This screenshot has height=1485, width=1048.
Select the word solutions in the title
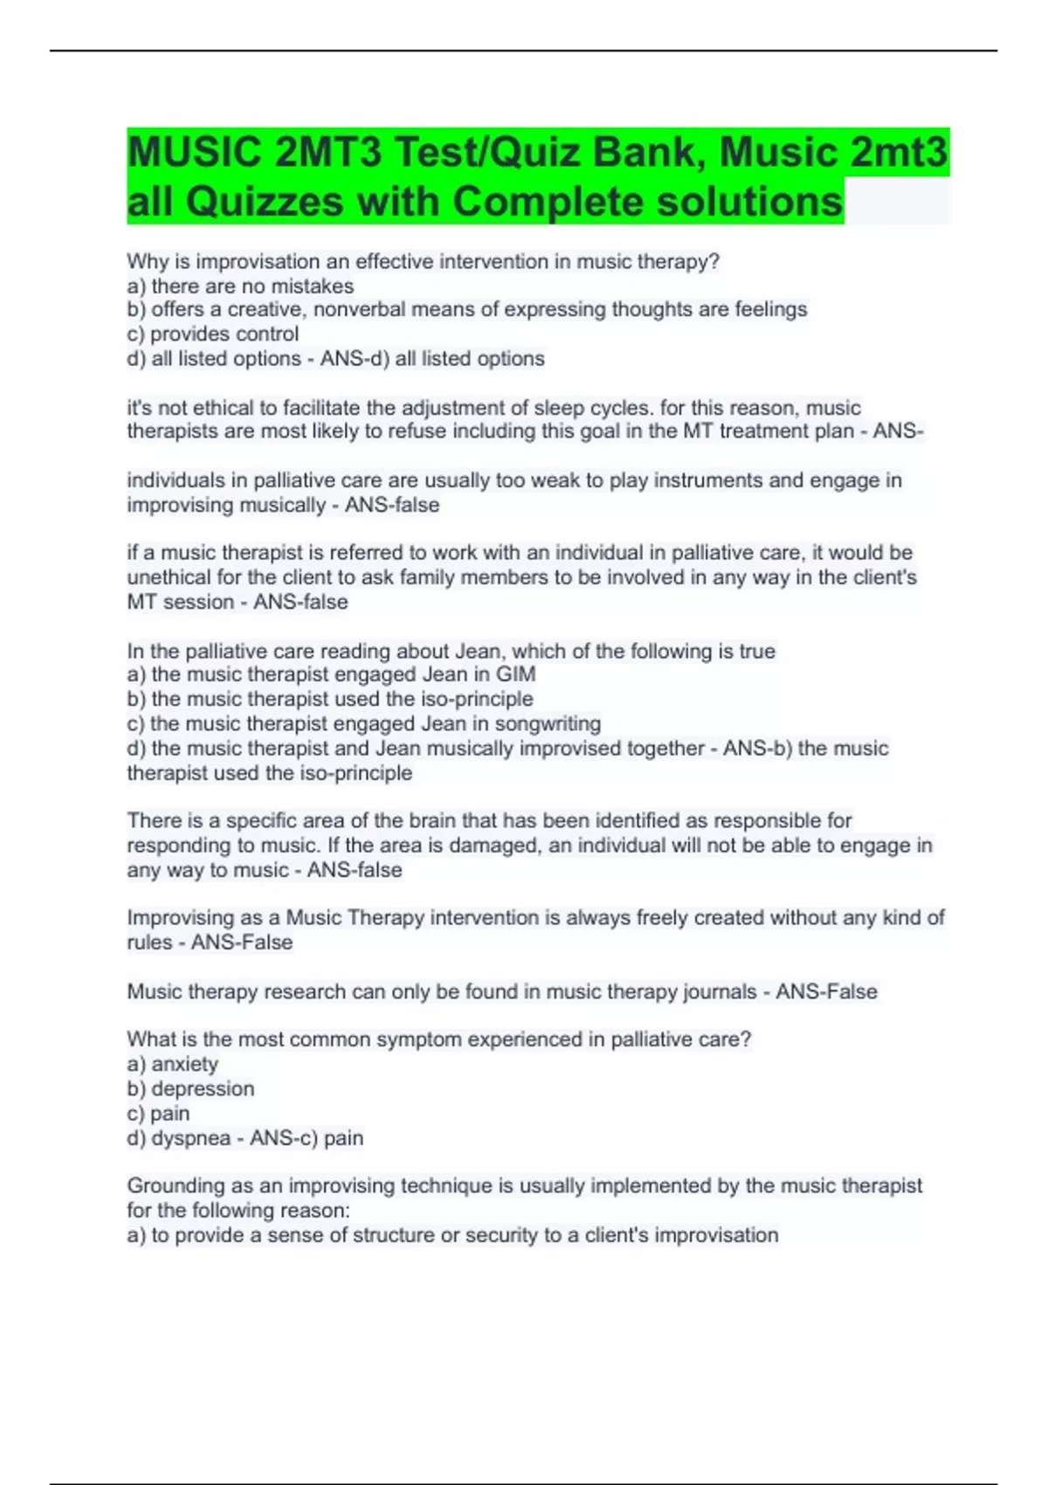click(x=749, y=202)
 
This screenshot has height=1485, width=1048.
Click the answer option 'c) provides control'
click(x=213, y=334)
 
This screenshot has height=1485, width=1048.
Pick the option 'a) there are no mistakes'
click(x=240, y=286)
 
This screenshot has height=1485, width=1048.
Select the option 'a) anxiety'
click(x=173, y=1064)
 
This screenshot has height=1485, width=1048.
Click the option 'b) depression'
click(x=190, y=1088)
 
